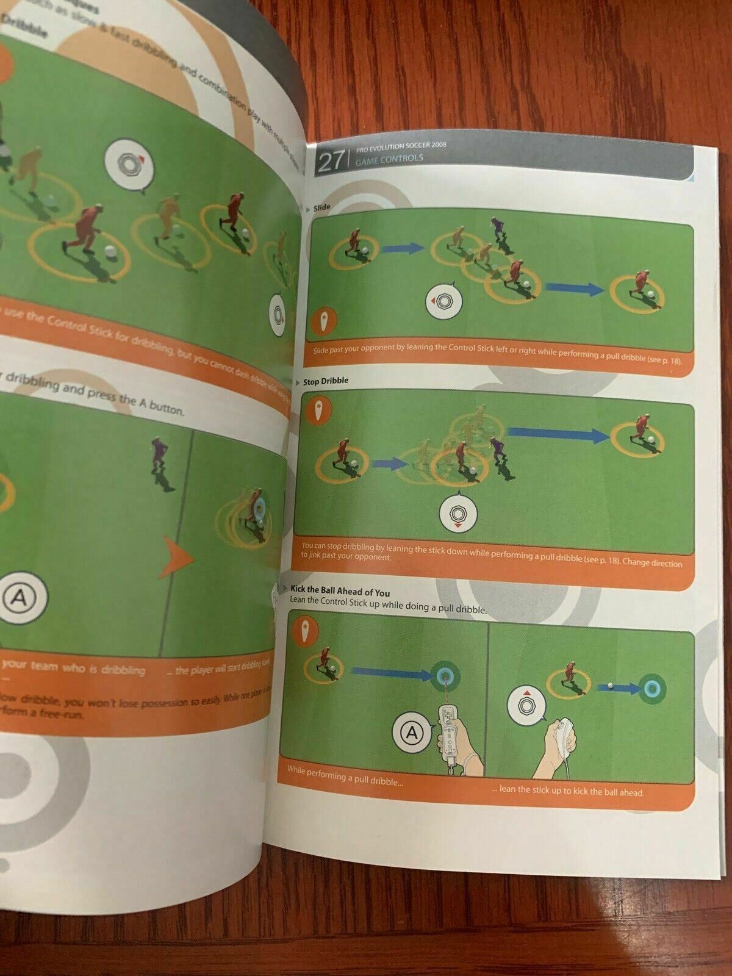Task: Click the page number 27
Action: pyautogui.click(x=330, y=162)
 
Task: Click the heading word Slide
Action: pyautogui.click(x=321, y=208)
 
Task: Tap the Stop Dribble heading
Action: pyautogui.click(x=326, y=381)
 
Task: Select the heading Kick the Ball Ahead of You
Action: pyautogui.click(x=340, y=591)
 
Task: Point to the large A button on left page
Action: pyautogui.click(x=20, y=597)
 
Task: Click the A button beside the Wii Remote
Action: pyautogui.click(x=412, y=732)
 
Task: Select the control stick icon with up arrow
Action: pyautogui.click(x=526, y=705)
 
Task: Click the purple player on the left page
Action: pyautogui.click(x=160, y=457)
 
